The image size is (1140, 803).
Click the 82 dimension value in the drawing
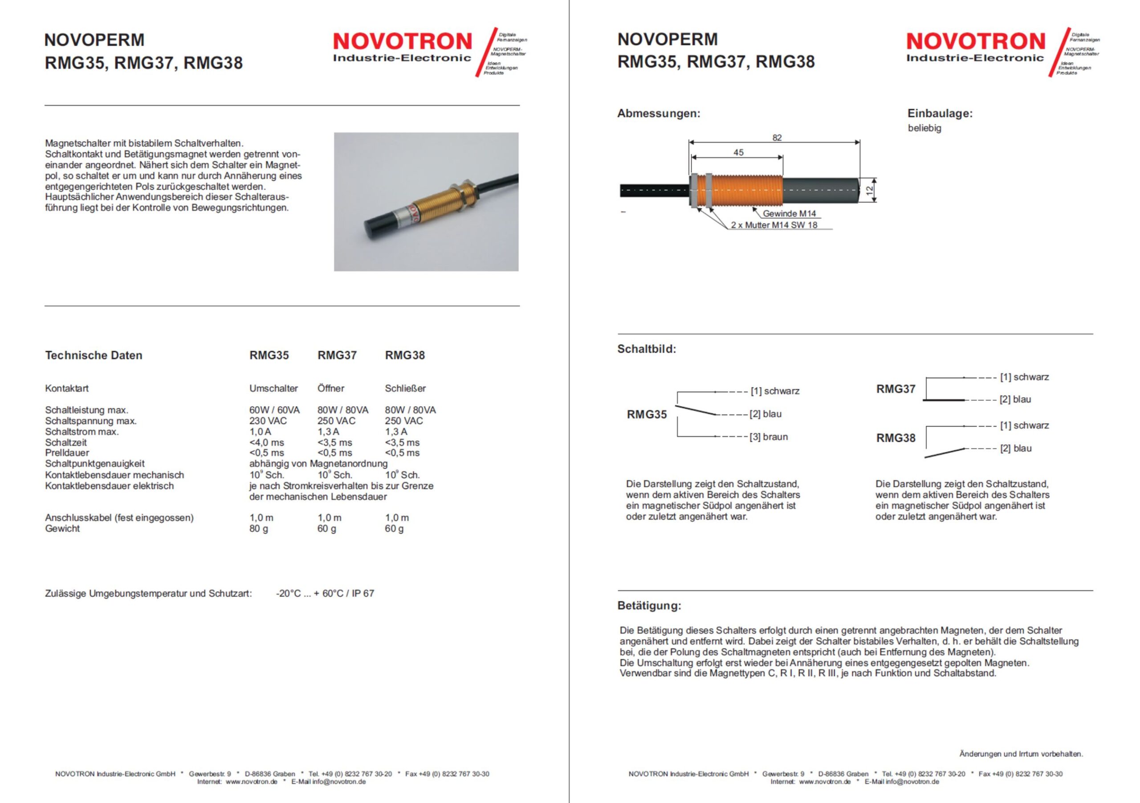point(777,138)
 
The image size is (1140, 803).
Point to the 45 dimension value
point(738,152)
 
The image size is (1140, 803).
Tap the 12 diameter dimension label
point(869,190)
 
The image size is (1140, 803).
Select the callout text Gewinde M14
point(789,213)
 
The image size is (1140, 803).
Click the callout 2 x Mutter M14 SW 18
point(774,225)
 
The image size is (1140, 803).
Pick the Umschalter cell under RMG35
point(273,388)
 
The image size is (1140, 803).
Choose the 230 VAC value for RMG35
point(268,420)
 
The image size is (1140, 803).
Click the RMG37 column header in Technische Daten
point(337,355)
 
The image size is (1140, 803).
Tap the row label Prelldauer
point(67,453)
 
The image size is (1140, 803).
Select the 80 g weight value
point(259,528)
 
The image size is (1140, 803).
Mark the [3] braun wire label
point(769,437)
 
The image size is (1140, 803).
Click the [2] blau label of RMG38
point(1015,448)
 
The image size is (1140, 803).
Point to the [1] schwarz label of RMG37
point(1024,377)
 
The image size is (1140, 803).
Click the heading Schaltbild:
point(647,349)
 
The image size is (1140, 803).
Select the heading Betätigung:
point(649,606)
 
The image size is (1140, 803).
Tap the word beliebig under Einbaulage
point(924,128)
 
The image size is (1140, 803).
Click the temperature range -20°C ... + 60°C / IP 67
point(325,593)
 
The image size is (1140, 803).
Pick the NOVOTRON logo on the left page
point(402,42)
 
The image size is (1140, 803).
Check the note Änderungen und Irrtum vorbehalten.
point(1021,754)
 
